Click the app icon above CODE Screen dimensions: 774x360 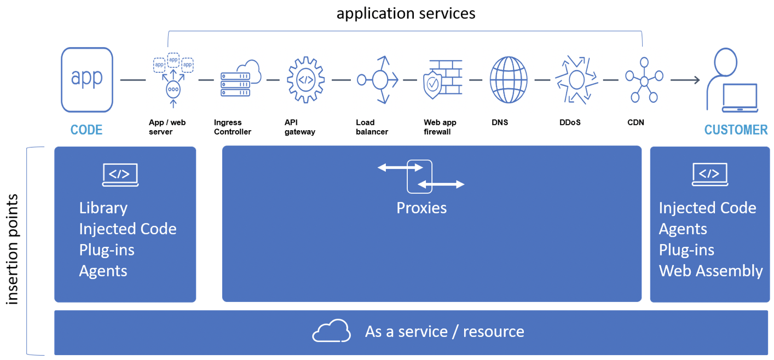coord(87,80)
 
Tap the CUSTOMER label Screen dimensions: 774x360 coord(736,130)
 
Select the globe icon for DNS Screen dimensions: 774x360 coord(509,80)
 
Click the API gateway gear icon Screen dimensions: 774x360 coord(305,80)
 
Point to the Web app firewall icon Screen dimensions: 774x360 coord(443,79)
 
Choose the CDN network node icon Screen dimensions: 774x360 coord(644,80)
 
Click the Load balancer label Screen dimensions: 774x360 coord(372,127)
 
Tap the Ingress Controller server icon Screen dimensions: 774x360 coord(241,78)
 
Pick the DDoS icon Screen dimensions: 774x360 coord(576,80)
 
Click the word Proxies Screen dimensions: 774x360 coord(421,208)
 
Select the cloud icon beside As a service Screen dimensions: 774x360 coord(331,330)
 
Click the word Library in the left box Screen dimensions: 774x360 coord(103,208)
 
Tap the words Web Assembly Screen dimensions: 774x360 coord(711,271)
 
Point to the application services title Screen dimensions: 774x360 coord(406,14)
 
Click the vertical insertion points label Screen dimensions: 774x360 coord(12,249)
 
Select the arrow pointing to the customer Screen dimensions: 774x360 coord(685,80)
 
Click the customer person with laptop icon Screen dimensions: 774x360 coord(732,80)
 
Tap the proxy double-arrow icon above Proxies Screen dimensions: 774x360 coord(420,176)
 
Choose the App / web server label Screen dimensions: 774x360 coord(167,127)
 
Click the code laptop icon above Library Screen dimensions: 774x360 coord(120,175)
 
